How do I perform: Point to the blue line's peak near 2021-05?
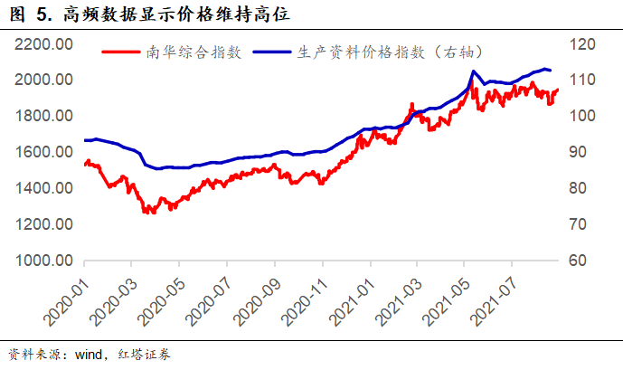[x=474, y=71]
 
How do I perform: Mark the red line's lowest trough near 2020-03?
[x=150, y=213]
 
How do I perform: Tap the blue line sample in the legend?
[x=272, y=52]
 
